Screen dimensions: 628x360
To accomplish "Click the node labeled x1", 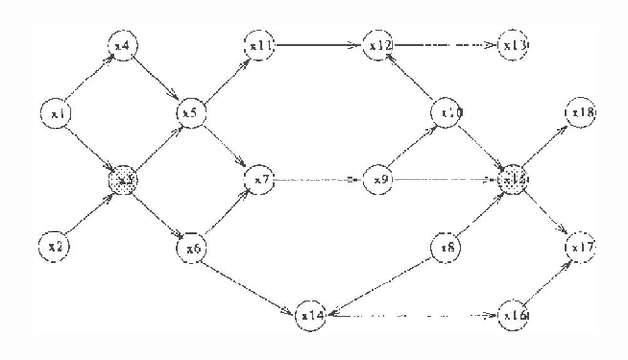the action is tap(58, 115).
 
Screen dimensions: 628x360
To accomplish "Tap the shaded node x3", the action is tap(124, 180).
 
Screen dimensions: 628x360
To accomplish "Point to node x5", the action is tap(189, 114).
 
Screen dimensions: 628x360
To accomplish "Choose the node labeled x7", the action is tap(260, 180).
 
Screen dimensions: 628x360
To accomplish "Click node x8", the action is tap(448, 246).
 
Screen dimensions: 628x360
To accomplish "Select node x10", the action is tap(449, 114).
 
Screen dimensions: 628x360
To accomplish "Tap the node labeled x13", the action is tap(513, 46).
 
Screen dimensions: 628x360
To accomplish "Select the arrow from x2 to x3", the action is tap(90, 212).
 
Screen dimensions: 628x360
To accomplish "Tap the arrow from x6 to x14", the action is tap(252, 282).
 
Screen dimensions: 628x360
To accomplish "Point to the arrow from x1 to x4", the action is tap(90, 80).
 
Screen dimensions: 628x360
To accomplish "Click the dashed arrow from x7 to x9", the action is tap(320, 180).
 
